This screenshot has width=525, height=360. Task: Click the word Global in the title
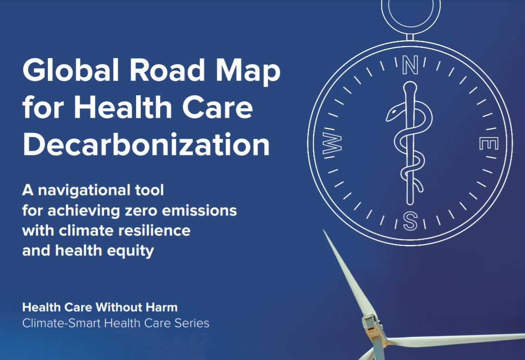point(71,70)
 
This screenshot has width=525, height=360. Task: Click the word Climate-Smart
point(61,323)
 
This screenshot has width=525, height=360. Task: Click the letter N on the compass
point(410,65)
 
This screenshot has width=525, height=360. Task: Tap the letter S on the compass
point(410,221)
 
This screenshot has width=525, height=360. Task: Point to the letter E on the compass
point(489,144)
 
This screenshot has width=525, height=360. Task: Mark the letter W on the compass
point(332,143)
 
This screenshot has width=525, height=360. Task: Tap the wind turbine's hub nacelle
point(372,325)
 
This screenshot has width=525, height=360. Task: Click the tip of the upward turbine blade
point(323,229)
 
